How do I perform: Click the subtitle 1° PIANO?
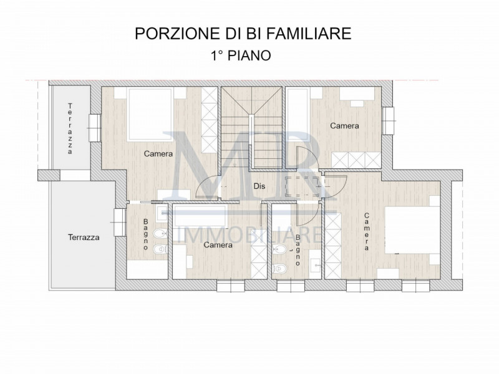240,55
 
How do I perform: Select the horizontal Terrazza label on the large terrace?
84,237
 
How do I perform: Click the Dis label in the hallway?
260,185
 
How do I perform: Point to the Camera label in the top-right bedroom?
344,126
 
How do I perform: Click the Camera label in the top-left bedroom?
158,154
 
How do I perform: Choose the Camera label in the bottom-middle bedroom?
218,245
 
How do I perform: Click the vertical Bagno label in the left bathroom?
145,234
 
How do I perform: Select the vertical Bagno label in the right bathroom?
298,250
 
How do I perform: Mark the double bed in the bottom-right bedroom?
408,230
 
